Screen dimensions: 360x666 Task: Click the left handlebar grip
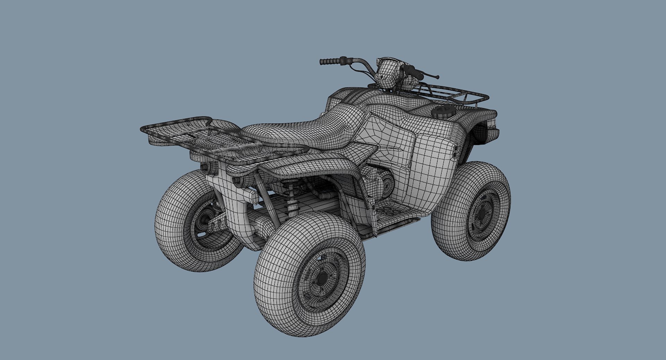coord(330,62)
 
